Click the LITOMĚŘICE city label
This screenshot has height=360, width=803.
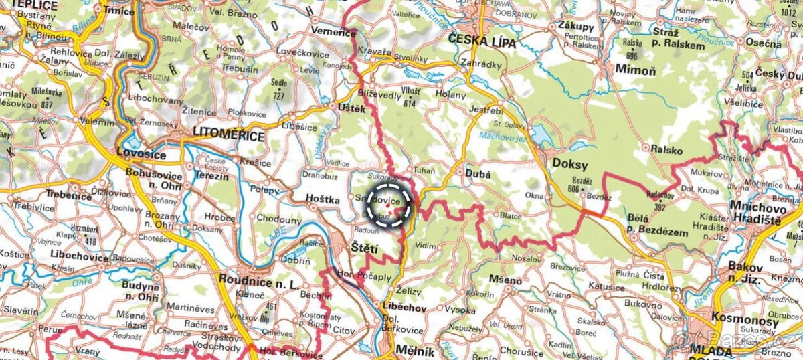(227, 136)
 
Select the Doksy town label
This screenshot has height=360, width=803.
(569, 163)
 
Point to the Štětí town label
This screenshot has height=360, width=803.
(365, 249)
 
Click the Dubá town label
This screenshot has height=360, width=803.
(480, 174)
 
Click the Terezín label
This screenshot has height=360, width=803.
(211, 177)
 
